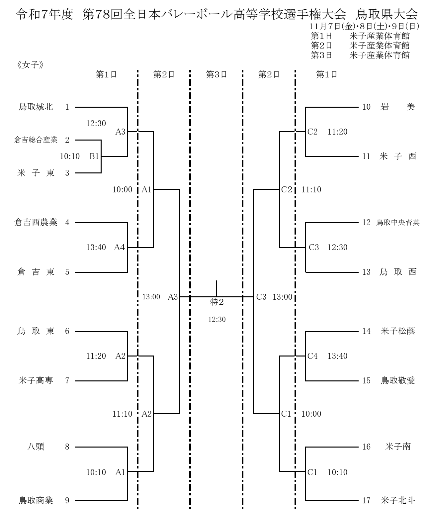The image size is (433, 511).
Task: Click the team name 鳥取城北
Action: coord(36,107)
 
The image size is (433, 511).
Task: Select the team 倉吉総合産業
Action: coord(36,140)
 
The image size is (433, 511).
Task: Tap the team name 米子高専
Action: coord(36,380)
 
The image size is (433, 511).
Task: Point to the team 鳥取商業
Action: coord(36,500)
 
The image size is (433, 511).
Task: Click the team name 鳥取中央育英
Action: coord(398,223)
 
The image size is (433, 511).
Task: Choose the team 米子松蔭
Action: coord(398,331)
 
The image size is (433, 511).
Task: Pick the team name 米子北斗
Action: coord(398,500)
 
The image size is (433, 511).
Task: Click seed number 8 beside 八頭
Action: coord(67,447)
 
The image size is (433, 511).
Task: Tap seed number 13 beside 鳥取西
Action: coord(366,272)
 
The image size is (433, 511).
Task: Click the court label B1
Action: coord(94,156)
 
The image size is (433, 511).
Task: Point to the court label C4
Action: coord(313,356)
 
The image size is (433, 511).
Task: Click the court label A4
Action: coord(120,247)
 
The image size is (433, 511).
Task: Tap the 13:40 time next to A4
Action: coord(96,247)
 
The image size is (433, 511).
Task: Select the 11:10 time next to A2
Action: coord(122,414)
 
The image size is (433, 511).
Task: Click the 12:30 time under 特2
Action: coord(217,320)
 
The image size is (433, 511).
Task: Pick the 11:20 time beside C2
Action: coord(337,132)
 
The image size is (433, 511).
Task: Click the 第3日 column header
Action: coord(216,74)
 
